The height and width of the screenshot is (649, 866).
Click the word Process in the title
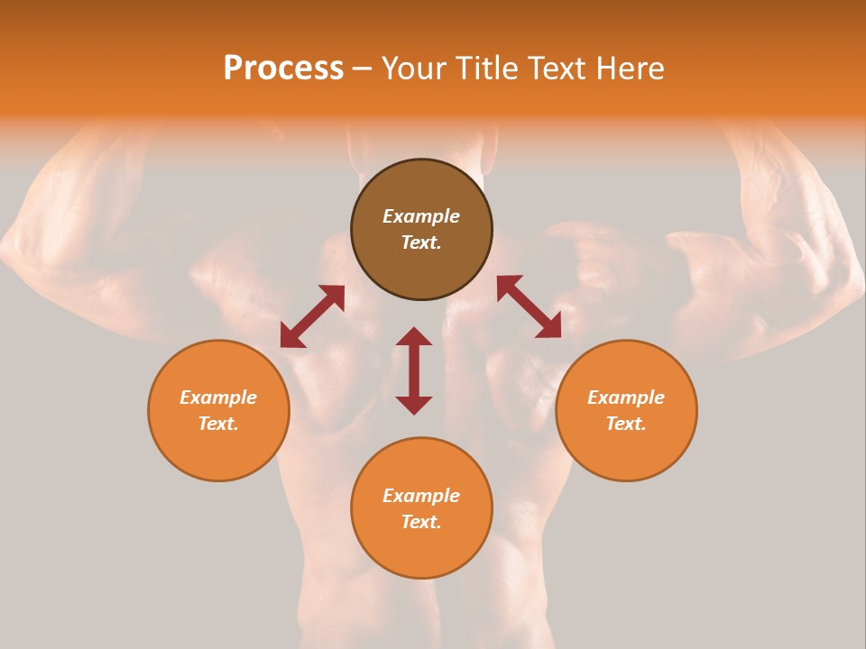[x=283, y=69]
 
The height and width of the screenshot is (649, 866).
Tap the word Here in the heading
[x=630, y=69]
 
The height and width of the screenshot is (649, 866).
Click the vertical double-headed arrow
[x=414, y=370]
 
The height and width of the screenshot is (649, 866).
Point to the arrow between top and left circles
[x=312, y=316]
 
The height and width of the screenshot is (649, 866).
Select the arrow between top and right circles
[x=529, y=306]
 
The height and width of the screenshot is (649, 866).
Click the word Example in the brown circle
[x=421, y=216]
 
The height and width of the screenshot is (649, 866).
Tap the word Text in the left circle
[x=217, y=424]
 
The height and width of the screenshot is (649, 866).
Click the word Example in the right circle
[x=626, y=398]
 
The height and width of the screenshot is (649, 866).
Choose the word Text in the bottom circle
[x=420, y=522]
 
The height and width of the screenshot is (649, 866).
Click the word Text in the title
[x=558, y=69]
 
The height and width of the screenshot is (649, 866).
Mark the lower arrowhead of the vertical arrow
[x=414, y=405]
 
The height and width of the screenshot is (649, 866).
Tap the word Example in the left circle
[x=218, y=398]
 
